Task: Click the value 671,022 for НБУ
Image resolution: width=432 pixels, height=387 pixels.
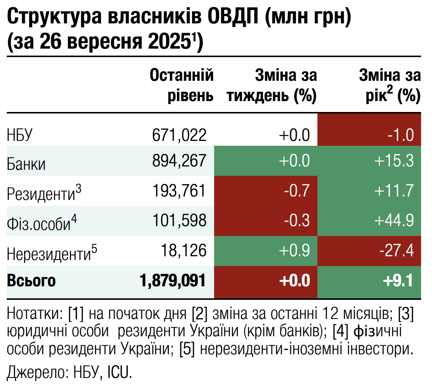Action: pos(180,134)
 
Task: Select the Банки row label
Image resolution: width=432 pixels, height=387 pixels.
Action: pos(26,164)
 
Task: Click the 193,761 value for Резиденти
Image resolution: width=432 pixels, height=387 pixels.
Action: pos(180,190)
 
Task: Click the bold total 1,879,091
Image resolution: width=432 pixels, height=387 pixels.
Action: pos(173,281)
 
